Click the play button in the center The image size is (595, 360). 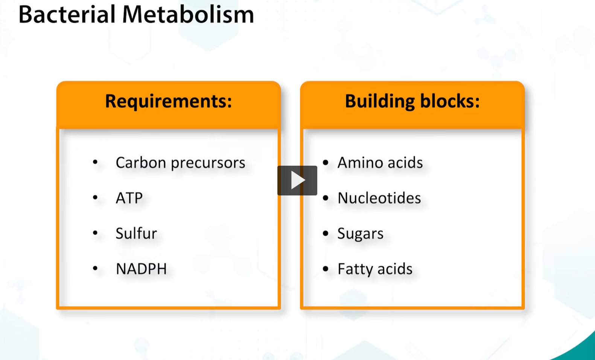[297, 180]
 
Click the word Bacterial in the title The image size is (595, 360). [67, 15]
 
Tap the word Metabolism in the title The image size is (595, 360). [188, 15]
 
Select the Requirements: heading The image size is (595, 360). [168, 101]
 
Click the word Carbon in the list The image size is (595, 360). [141, 163]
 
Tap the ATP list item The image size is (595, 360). [129, 198]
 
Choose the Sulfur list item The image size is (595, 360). [136, 233]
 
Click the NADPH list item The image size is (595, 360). [141, 269]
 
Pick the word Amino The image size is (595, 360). [360, 163]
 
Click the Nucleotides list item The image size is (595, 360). [379, 198]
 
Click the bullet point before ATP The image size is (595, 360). [95, 197]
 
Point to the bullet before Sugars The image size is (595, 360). [326, 233]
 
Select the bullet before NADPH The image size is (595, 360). [95, 268]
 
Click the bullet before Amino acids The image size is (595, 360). [326, 162]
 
